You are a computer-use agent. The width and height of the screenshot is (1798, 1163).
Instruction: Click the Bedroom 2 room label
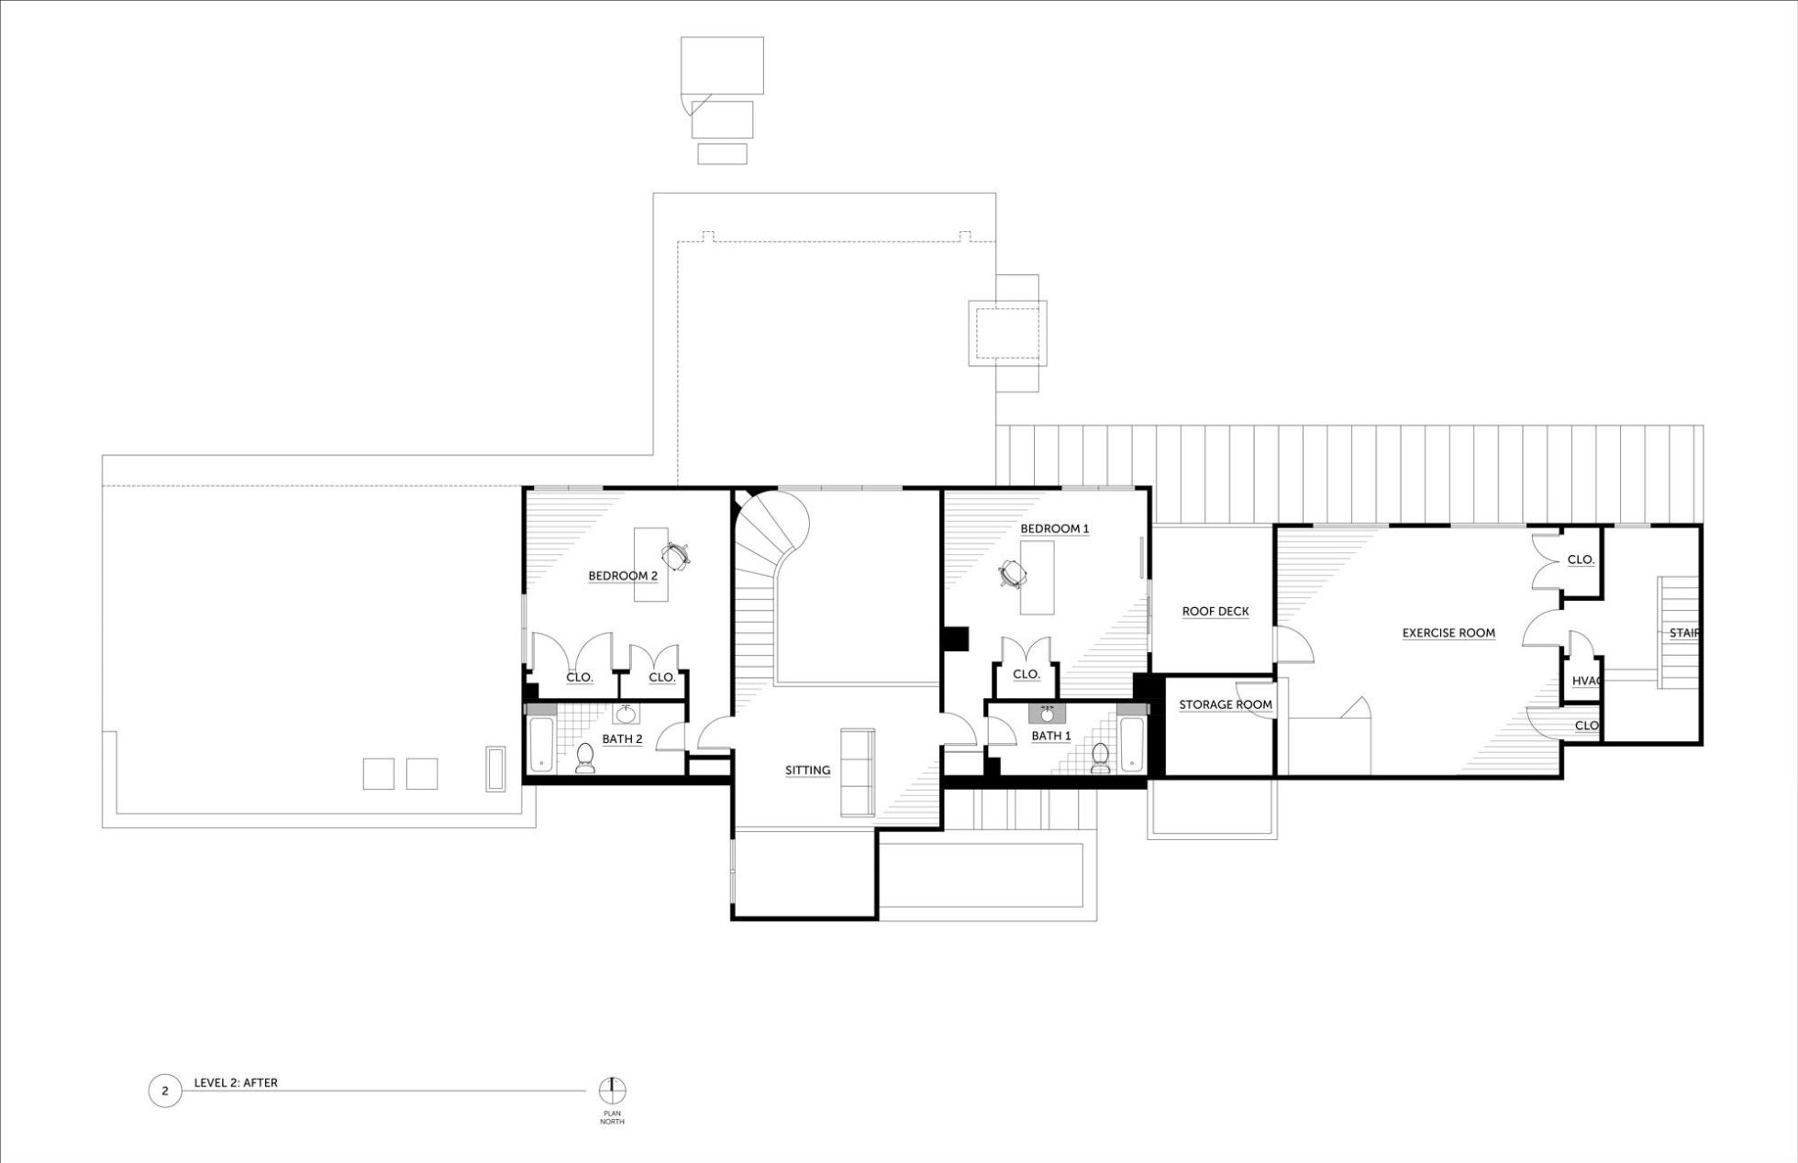623,576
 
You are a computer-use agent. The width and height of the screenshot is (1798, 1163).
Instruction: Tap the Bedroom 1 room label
1055,529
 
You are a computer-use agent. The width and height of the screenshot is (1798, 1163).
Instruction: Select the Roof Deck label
1215,612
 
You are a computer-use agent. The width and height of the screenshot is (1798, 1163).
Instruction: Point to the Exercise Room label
1448,633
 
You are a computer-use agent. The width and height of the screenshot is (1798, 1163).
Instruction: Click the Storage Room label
1226,705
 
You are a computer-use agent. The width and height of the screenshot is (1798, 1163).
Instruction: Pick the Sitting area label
807,770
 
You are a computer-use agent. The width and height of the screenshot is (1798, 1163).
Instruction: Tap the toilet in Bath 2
584,757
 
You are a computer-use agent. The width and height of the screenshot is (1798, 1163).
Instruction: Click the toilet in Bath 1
1101,757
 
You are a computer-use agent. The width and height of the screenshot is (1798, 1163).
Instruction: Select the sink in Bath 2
627,714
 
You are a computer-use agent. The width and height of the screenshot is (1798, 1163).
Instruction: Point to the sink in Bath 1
1047,714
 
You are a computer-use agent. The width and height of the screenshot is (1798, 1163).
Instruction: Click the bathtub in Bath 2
540,744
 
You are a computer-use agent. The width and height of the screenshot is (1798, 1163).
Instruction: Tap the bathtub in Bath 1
1132,744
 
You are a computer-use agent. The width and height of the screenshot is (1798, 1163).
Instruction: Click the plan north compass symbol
613,1091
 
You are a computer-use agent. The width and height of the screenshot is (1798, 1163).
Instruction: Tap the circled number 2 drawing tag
165,1091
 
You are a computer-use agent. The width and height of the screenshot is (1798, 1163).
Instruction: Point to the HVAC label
1586,681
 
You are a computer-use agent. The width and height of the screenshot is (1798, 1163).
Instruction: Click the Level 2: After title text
236,1083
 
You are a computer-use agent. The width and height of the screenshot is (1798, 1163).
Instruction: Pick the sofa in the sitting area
858,772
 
